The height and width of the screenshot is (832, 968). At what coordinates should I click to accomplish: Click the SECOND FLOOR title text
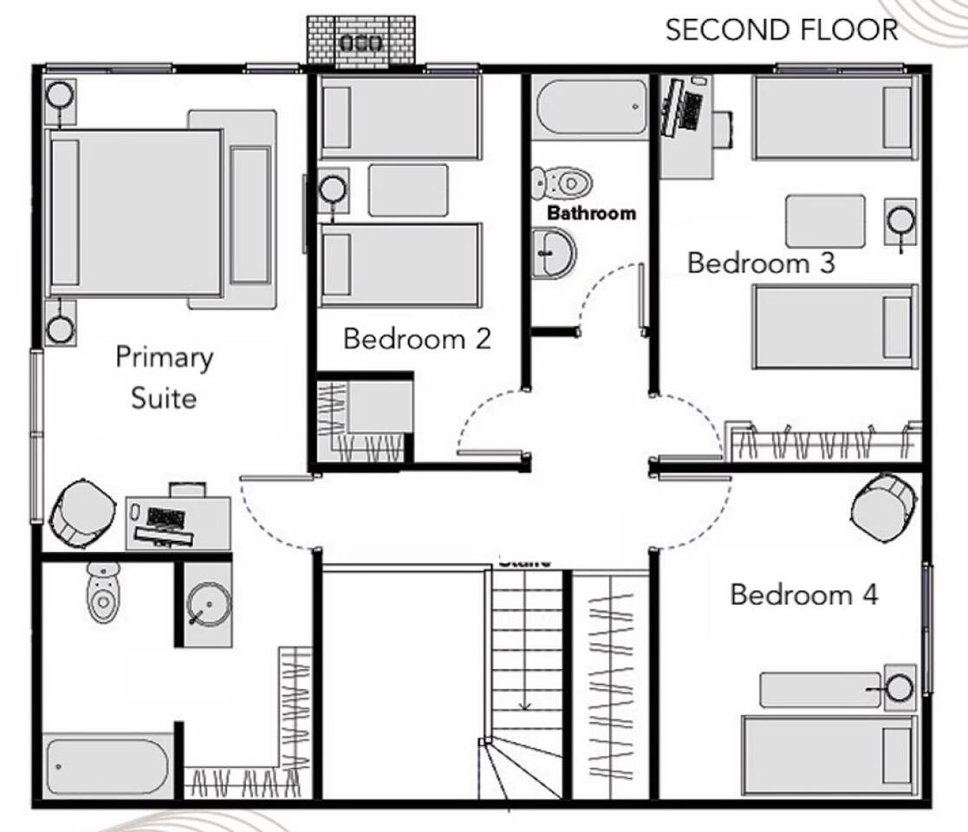point(781,30)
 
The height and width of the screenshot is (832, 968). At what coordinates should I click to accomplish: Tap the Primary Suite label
point(164,377)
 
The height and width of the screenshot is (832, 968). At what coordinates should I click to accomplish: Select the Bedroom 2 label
point(417,338)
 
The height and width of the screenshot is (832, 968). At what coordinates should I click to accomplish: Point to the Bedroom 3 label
point(761,263)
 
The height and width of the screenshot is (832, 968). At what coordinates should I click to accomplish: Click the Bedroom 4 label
point(803,595)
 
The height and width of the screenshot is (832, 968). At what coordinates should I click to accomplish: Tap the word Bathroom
point(591,213)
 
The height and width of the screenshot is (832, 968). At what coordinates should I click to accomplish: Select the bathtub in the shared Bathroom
point(592,106)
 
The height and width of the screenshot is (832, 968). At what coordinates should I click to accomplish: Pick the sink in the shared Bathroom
point(553,253)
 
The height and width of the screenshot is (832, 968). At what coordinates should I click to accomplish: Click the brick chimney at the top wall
point(361,41)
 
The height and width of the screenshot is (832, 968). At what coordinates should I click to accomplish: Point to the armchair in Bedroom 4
point(883,505)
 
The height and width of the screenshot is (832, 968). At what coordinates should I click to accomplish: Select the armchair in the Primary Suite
point(82,514)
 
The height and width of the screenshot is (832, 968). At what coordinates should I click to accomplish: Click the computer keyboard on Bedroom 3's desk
point(691,110)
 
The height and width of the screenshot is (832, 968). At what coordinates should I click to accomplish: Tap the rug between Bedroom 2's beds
point(408,190)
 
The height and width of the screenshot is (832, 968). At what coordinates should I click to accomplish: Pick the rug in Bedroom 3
point(825,221)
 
